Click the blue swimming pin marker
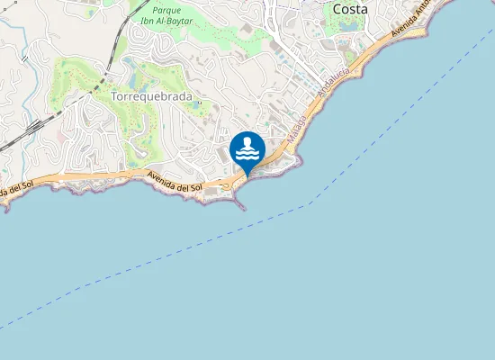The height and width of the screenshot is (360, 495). (x=247, y=149)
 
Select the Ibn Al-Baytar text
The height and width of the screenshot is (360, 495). (x=168, y=21)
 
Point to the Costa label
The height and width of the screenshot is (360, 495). (x=350, y=9)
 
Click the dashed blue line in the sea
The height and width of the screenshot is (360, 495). (x=180, y=254)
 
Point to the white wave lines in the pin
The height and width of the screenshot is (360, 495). (x=247, y=155)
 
